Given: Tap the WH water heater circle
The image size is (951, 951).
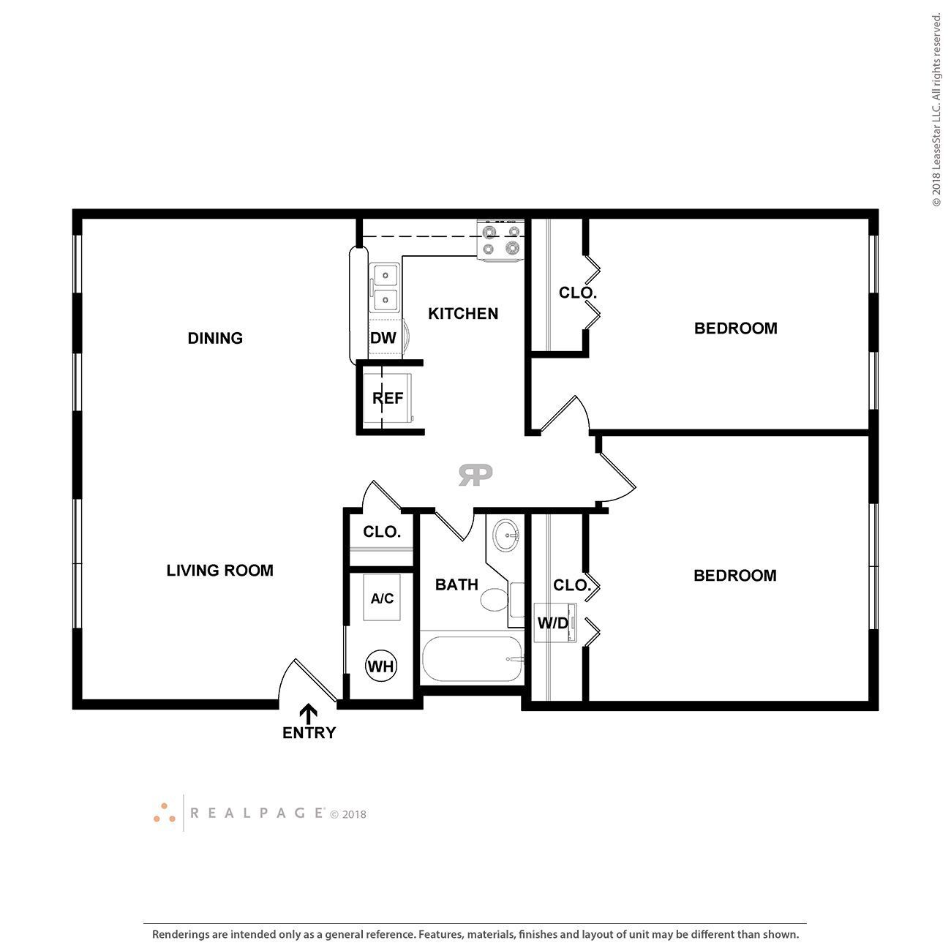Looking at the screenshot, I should [381, 666].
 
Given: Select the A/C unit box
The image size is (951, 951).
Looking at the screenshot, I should [382, 598].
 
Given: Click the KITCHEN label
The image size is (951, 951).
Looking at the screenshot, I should [462, 313].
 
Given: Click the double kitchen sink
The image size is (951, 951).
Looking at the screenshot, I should [385, 287].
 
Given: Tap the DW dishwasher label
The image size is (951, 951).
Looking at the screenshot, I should [383, 338].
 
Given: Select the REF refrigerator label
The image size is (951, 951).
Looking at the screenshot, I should [388, 398].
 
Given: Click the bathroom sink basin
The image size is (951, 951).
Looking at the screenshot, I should [505, 535].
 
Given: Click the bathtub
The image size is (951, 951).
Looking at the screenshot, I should [472, 659].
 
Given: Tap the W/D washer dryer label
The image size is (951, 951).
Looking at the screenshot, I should [553, 623].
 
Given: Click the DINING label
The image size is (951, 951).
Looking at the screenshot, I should [215, 338].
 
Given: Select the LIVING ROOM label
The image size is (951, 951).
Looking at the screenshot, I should [219, 570].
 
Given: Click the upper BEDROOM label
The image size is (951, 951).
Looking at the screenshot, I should [735, 328].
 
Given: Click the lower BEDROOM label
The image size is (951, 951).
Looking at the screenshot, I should [734, 575].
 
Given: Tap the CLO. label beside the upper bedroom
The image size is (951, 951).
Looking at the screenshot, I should [578, 293].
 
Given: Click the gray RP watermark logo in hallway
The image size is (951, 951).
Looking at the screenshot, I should [475, 475].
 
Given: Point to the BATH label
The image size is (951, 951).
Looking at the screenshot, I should [456, 584].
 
